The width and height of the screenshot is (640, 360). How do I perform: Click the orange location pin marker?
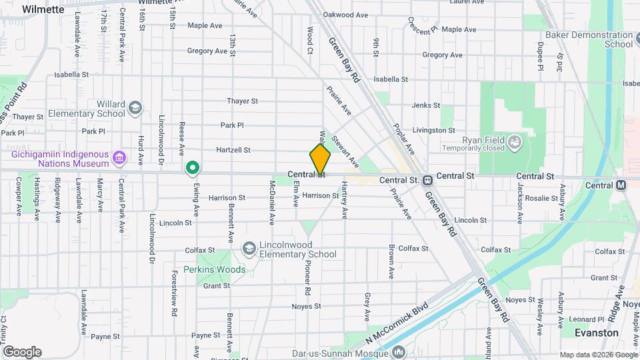pyautogui.click(x=320, y=160)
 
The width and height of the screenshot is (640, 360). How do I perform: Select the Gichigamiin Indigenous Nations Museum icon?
pyautogui.click(x=119, y=157)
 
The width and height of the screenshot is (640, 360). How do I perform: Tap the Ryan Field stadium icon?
pyautogui.click(x=515, y=141)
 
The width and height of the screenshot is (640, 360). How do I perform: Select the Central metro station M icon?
pyautogui.click(x=621, y=185)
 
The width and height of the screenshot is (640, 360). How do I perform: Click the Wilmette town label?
pyautogui.click(x=43, y=9)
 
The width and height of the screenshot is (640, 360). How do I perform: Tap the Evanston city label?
pyautogui.click(x=597, y=332)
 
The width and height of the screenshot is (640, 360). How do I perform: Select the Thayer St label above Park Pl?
pyautogui.click(x=242, y=101)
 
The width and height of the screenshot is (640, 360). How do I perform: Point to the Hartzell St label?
pyautogui.click(x=233, y=151)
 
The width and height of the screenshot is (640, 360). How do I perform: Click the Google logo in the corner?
pyautogui.click(x=22, y=351)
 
